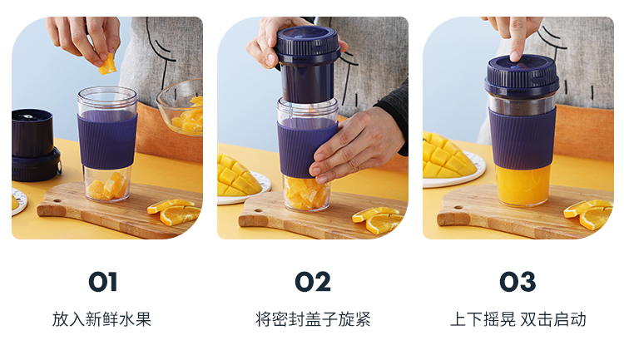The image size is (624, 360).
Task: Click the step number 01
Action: [x=102, y=282]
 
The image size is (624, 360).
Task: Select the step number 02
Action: [x=312, y=282]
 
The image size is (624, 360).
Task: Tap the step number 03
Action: [x=518, y=282]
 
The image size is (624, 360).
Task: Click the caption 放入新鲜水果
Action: [x=102, y=319]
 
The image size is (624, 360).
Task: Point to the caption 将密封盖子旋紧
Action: [x=313, y=319]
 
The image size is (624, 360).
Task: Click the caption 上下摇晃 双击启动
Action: [x=518, y=319]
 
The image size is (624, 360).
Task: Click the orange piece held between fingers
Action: [x=107, y=65]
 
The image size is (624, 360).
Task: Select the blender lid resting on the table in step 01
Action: [x=35, y=145]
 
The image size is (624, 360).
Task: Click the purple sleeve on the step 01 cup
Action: [x=107, y=140]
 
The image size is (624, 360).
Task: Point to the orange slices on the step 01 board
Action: [x=175, y=212]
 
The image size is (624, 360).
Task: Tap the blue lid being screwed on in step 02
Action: [x=308, y=64]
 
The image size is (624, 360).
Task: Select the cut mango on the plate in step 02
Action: [x=237, y=176]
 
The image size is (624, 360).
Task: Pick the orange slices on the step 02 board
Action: [x=379, y=219]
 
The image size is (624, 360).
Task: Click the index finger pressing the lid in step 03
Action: [x=516, y=40]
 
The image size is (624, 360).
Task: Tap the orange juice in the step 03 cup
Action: [x=522, y=185]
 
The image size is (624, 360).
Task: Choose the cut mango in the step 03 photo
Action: [x=448, y=155]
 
